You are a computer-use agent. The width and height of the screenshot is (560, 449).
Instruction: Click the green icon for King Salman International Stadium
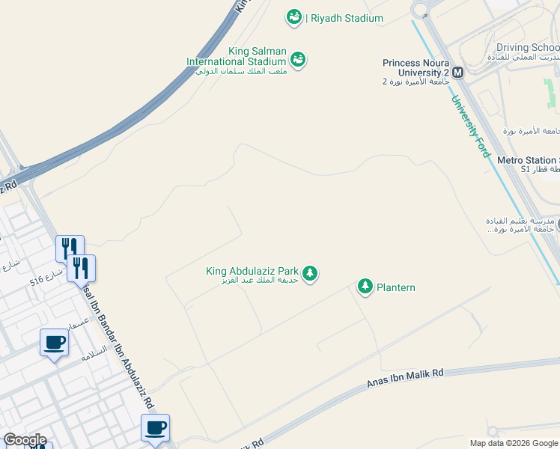pyautogui.click(x=298, y=59)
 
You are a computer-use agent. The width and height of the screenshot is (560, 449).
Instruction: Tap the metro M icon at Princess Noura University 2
pyautogui.click(x=457, y=72)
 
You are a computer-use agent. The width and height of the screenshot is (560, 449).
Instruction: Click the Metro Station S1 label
pyautogui.click(x=529, y=160)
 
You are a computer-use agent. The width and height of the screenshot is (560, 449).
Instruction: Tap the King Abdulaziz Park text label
pyautogui.click(x=252, y=271)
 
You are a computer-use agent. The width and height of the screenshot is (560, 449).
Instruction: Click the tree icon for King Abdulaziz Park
pyautogui.click(x=309, y=274)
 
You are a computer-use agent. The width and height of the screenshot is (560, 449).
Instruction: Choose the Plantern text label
pyautogui.click(x=396, y=287)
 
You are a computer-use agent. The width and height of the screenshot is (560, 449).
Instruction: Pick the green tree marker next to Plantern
pyautogui.click(x=365, y=286)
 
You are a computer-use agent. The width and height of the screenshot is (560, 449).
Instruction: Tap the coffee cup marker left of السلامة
pyautogui.click(x=54, y=343)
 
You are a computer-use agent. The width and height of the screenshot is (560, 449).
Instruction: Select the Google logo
pyautogui.click(x=25, y=440)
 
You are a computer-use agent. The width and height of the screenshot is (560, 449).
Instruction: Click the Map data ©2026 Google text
pyautogui.click(x=514, y=443)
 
